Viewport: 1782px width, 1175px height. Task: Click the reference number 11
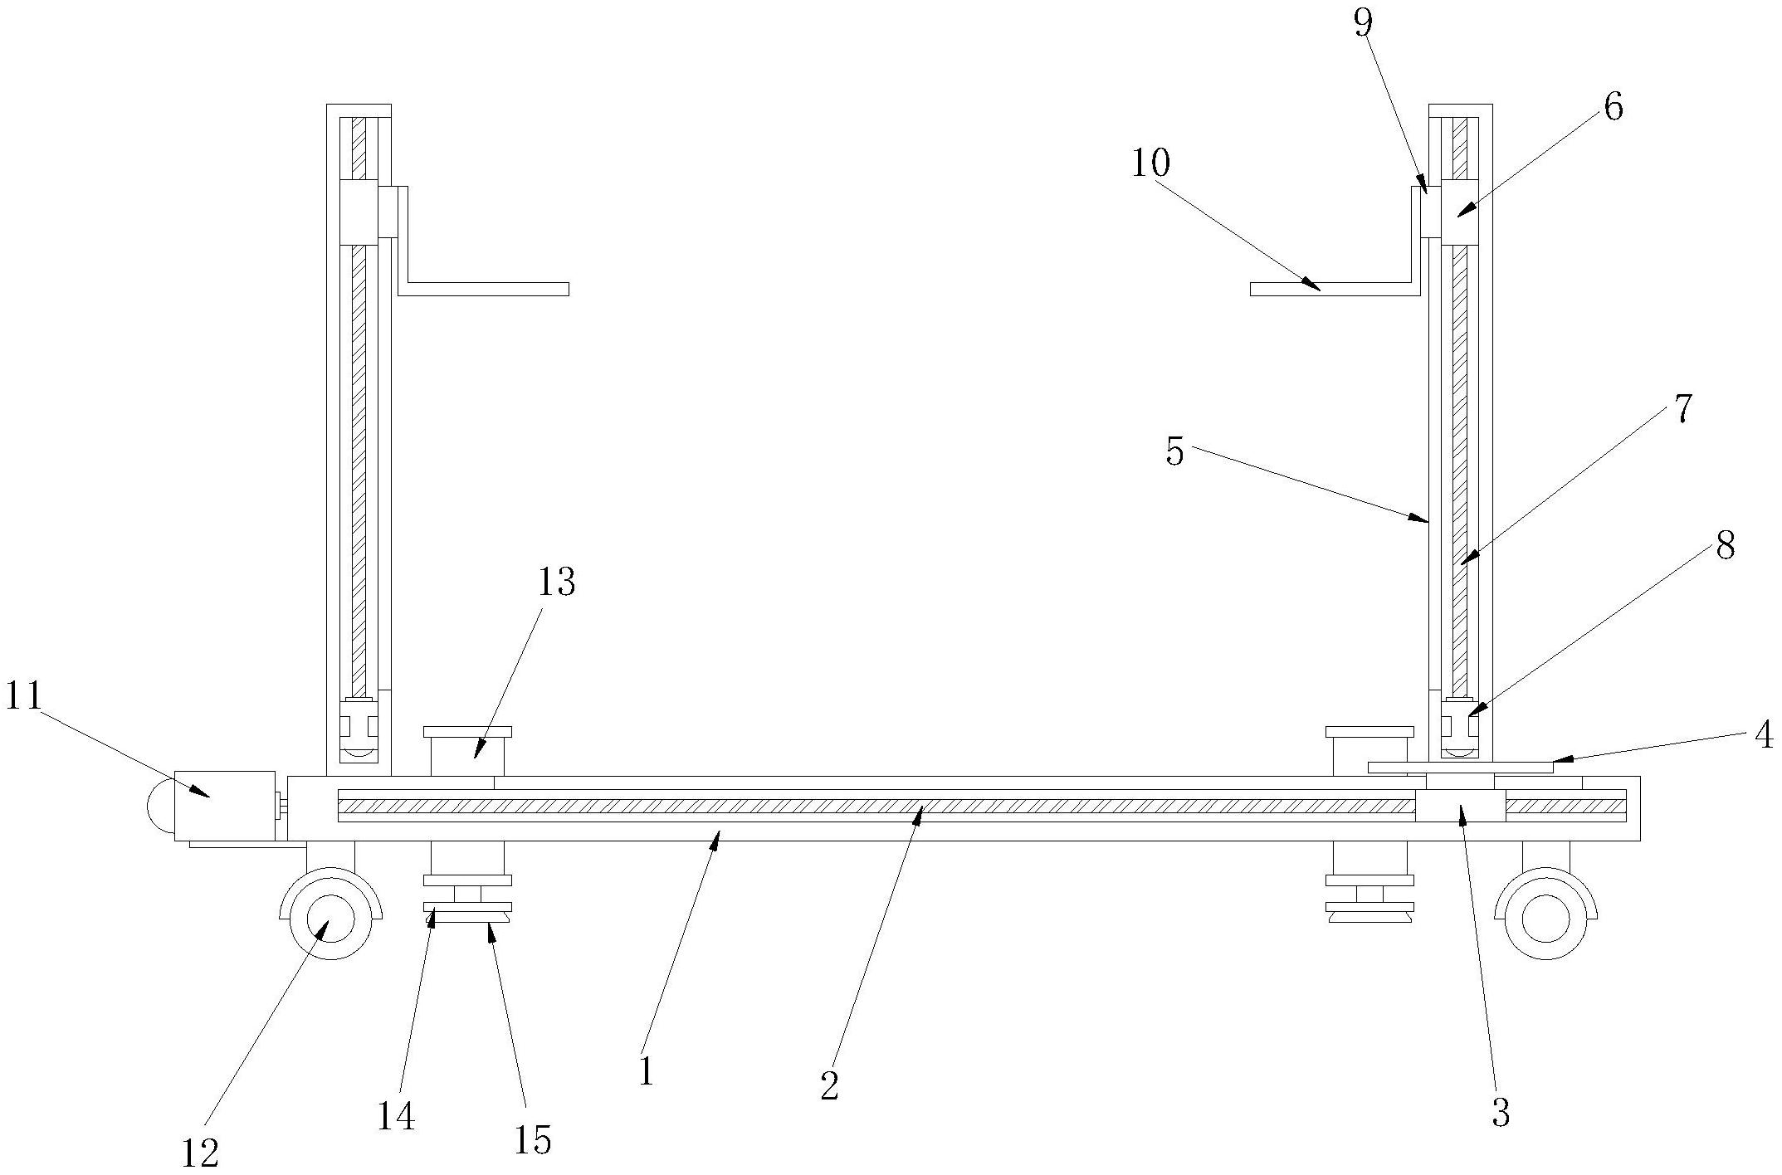[23, 696]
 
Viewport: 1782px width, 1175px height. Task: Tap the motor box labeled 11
[224, 806]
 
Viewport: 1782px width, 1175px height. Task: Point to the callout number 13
[556, 583]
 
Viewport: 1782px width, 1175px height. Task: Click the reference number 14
[396, 1117]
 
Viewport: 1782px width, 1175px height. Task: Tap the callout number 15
[532, 1140]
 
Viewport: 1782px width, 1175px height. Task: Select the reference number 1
[647, 1070]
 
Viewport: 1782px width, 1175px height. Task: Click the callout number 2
[829, 1085]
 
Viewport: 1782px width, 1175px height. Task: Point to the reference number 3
[1501, 1113]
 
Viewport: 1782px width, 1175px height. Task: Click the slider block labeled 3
[1460, 805]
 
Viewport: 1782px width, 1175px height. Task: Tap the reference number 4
[1764, 735]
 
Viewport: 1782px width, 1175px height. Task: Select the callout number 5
[1174, 452]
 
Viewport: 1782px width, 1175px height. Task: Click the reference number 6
[1613, 108]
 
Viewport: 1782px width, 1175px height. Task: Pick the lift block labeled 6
[1460, 212]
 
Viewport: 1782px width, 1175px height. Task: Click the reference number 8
[1726, 546]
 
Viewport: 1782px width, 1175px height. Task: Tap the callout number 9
[1363, 23]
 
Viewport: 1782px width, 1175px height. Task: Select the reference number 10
[1151, 163]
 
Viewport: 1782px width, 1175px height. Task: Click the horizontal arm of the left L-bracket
[484, 289]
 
